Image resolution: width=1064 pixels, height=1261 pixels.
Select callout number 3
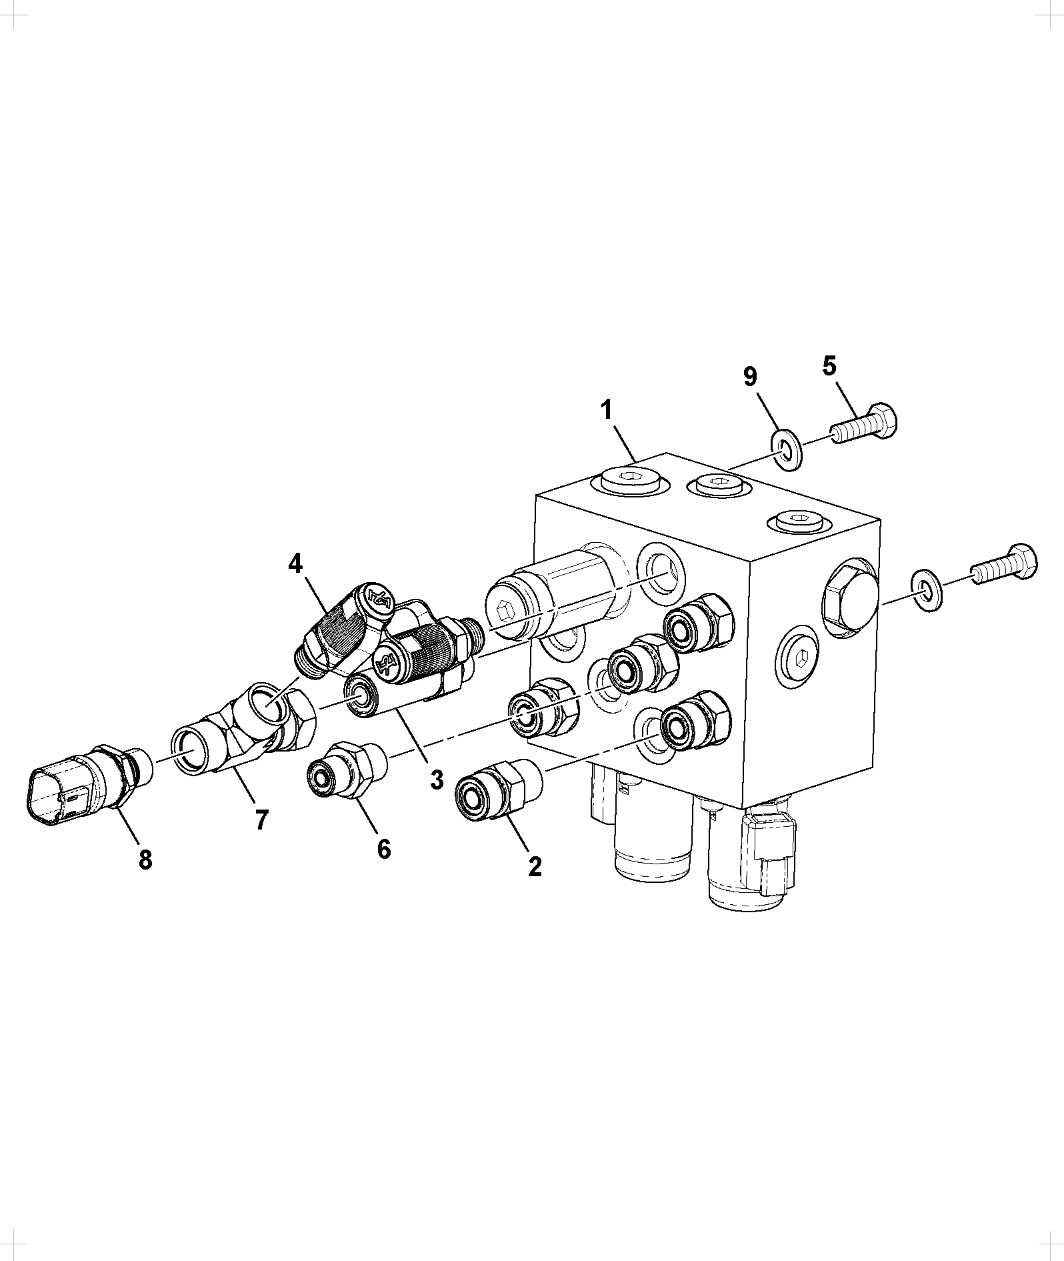click(x=437, y=779)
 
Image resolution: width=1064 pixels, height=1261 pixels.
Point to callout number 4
click(x=295, y=563)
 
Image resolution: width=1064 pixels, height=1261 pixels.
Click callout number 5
click(x=829, y=366)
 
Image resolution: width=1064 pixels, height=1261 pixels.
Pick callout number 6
click(x=383, y=848)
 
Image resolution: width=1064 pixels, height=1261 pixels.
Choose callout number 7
click(x=261, y=819)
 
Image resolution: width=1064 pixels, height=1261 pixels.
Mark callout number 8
click(x=145, y=860)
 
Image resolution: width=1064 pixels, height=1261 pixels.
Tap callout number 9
click(x=750, y=377)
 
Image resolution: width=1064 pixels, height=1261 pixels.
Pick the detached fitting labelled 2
click(x=499, y=788)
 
